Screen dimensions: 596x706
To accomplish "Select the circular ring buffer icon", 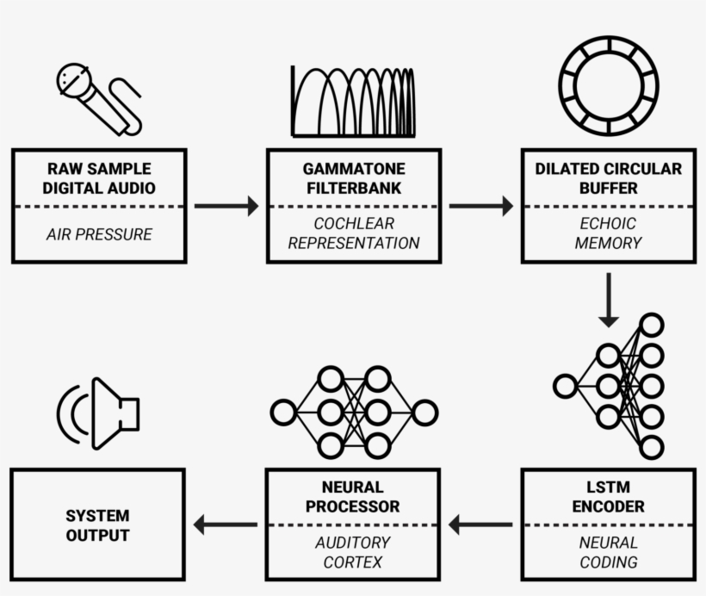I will point(608,85).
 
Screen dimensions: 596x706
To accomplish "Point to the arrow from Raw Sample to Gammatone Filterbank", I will point(226,206).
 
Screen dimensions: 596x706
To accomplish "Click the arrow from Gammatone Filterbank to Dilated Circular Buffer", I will point(480,206).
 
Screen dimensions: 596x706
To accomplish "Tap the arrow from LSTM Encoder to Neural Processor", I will point(480,524).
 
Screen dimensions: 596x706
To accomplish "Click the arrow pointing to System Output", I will point(226,524).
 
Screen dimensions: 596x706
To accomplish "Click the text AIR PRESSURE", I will point(99,234).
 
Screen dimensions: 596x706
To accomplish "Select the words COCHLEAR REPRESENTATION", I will point(354,233).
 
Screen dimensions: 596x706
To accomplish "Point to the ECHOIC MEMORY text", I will point(608,233).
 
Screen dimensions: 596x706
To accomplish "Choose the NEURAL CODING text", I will point(608,552).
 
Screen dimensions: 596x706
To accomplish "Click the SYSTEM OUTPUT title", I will point(98,525).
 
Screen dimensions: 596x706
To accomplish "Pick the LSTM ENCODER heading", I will point(608,497).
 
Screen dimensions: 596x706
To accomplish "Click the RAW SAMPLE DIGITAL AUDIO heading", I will point(99,178).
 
